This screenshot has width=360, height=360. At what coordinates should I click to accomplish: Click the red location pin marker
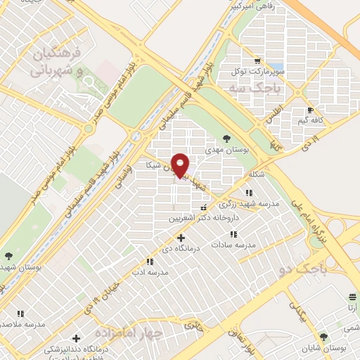click(180, 165)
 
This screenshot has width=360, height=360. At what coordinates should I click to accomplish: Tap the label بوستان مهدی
click(224, 150)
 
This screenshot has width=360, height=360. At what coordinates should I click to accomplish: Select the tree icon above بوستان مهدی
click(225, 139)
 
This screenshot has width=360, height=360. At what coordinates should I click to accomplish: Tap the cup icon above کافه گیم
click(310, 110)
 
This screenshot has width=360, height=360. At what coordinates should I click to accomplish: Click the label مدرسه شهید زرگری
click(250, 203)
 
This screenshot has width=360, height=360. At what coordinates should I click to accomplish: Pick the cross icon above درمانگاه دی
click(181, 238)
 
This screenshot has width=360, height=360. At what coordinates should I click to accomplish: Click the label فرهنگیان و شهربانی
click(58, 63)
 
